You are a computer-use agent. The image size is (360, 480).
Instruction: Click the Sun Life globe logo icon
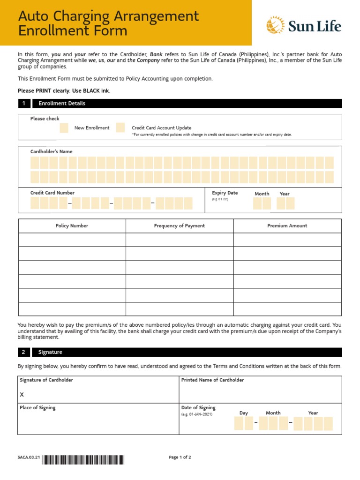click(x=276, y=25)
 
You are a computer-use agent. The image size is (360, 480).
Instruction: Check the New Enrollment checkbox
click(x=64, y=128)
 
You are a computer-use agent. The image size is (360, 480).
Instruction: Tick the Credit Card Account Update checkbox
click(x=120, y=128)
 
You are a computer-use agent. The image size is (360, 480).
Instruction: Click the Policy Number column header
click(x=72, y=226)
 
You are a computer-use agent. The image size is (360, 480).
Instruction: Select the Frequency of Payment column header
click(x=180, y=226)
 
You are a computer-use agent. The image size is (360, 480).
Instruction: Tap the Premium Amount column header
click(x=287, y=226)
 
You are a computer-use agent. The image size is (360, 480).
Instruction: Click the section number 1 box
click(x=24, y=104)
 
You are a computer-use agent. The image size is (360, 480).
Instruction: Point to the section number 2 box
click(x=24, y=352)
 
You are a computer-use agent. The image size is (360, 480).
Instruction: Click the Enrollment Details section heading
click(x=62, y=104)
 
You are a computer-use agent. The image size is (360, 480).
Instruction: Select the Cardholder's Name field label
click(x=52, y=152)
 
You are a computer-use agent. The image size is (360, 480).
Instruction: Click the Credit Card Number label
click(x=52, y=193)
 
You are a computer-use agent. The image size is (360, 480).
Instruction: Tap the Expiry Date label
click(x=225, y=193)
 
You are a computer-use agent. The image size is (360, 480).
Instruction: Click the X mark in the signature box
click(x=22, y=395)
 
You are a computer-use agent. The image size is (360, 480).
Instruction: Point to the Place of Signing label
click(x=37, y=408)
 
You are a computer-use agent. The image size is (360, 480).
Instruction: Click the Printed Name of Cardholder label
click(x=212, y=380)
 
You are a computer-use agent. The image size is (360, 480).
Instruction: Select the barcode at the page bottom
click(x=83, y=460)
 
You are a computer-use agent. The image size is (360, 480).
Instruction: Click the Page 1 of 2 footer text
click(x=180, y=457)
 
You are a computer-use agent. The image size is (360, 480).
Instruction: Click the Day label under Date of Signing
click(x=244, y=413)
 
